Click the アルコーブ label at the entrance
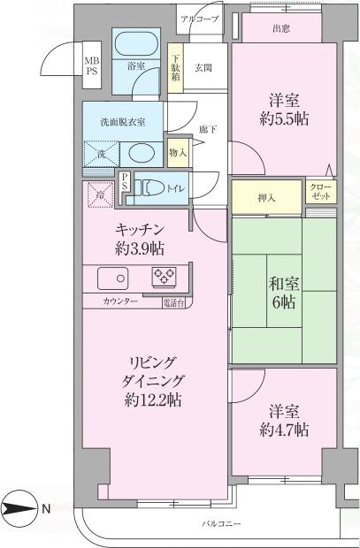click(199, 17)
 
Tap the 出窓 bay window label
click(282, 29)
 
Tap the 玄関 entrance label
click(203, 66)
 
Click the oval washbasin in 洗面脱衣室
click(139, 152)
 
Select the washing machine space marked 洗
click(100, 153)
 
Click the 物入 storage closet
click(178, 153)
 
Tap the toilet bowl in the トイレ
click(154, 187)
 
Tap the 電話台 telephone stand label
click(173, 303)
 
